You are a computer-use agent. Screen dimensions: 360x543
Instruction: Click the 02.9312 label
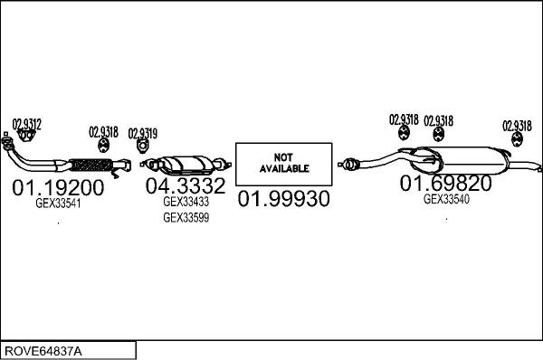click(x=26, y=123)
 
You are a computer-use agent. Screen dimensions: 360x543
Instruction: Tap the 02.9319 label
click(x=142, y=133)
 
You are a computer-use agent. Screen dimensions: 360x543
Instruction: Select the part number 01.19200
click(x=59, y=188)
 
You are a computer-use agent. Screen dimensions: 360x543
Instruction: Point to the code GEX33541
click(x=57, y=204)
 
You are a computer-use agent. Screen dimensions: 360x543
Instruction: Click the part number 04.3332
click(x=186, y=187)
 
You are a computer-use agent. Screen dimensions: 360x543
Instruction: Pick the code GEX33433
click(x=186, y=203)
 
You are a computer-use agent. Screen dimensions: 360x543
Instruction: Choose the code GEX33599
click(x=186, y=218)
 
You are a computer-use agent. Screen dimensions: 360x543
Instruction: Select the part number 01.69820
click(x=446, y=184)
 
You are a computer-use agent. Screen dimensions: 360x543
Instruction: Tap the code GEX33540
click(x=446, y=200)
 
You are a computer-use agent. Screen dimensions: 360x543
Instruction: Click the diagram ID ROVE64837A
click(x=43, y=350)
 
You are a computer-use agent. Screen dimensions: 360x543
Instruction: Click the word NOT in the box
click(x=284, y=156)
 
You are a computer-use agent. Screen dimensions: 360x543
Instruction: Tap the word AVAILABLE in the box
click(x=284, y=168)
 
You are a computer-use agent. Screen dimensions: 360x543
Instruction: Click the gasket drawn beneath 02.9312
click(x=26, y=137)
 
